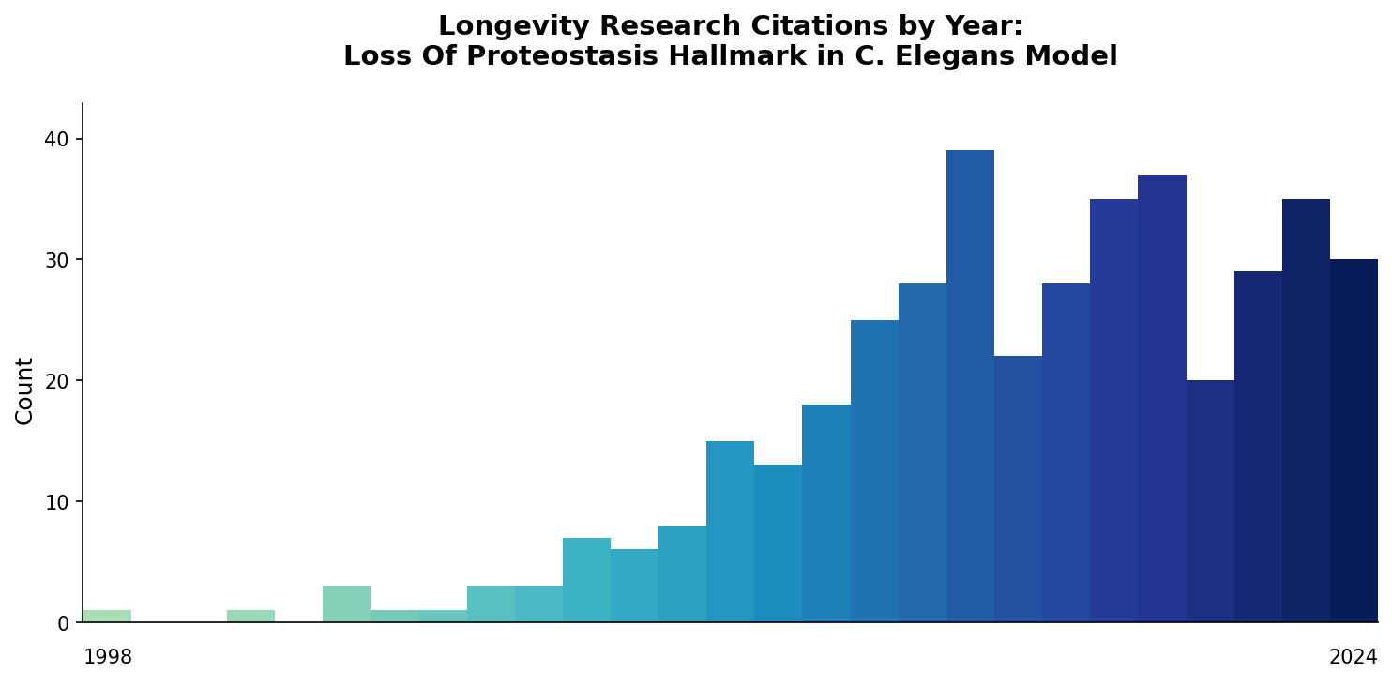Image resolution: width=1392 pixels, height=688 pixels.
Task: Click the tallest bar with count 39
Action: [970, 386]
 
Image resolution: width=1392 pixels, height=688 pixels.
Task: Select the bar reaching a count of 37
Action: [1162, 398]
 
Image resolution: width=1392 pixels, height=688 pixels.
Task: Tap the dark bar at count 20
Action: [1210, 501]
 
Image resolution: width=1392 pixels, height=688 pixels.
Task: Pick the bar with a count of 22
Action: [1018, 489]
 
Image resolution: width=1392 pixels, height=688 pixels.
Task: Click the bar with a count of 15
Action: [730, 531]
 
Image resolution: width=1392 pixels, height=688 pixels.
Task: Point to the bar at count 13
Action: [778, 543]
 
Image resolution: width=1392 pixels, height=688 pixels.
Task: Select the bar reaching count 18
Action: [826, 513]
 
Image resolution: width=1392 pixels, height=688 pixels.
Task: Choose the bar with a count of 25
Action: [874, 471]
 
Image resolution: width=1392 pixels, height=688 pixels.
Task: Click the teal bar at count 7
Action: [586, 580]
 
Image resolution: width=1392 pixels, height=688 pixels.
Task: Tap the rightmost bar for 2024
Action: [1354, 440]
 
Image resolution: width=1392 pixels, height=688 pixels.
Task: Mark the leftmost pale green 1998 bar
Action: [107, 617]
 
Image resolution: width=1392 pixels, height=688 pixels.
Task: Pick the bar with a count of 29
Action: [1258, 447]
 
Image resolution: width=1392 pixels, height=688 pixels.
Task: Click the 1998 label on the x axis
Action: [108, 658]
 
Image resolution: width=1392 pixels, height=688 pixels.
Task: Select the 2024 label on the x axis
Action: [1353, 658]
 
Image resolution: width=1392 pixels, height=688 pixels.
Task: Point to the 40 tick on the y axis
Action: [56, 139]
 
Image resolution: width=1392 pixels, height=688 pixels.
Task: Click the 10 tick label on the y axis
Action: [56, 502]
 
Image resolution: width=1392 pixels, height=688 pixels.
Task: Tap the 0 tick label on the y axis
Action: [63, 623]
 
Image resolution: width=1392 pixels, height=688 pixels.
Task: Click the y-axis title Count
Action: [25, 390]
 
